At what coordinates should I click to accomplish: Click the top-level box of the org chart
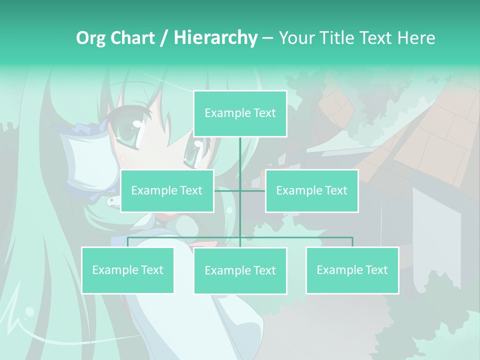[240, 113]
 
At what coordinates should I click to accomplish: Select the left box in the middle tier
[167, 190]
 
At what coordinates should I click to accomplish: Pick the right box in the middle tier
[311, 190]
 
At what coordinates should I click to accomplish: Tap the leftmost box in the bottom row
[127, 270]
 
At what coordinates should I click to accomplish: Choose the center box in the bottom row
[240, 270]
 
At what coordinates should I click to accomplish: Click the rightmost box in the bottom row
[352, 270]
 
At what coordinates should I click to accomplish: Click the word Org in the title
[90, 38]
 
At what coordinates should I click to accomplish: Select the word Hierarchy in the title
[215, 38]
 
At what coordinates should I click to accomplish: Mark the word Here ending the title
[416, 38]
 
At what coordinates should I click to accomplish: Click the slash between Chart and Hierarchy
[164, 38]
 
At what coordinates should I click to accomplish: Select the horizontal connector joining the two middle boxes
[239, 190]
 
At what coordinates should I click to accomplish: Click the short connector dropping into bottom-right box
[352, 242]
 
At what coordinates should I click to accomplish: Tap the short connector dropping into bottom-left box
[127, 242]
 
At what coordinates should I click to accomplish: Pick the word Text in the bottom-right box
[376, 270]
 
